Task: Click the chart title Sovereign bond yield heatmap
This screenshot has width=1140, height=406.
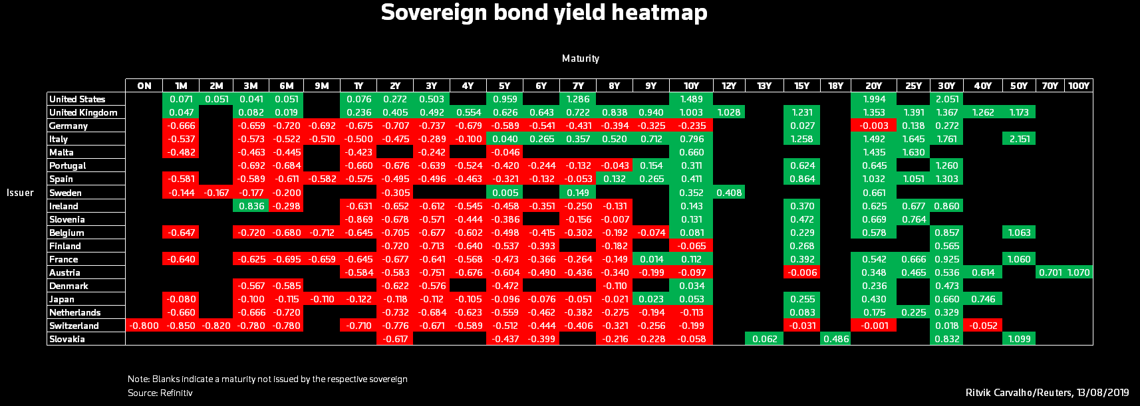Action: (x=544, y=13)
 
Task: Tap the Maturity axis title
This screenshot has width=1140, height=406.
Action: (x=580, y=58)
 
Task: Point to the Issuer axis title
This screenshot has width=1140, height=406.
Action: (x=20, y=193)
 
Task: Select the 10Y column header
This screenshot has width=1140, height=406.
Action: (x=691, y=86)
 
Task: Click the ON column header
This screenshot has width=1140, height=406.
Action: (x=144, y=86)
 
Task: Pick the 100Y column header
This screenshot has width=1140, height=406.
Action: (x=1078, y=86)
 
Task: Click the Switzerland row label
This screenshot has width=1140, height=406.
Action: (x=74, y=326)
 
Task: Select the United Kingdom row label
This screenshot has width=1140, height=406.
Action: (x=83, y=112)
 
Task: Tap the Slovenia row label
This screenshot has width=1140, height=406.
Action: (x=67, y=219)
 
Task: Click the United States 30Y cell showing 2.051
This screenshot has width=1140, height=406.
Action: (x=946, y=99)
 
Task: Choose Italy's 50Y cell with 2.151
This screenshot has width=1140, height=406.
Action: (x=1019, y=139)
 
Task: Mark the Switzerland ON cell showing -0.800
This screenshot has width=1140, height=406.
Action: (x=144, y=326)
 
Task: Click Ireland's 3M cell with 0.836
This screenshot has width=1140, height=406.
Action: (x=251, y=206)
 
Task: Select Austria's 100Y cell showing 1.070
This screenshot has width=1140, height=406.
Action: (x=1078, y=272)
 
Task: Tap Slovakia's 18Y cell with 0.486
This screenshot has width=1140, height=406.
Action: (x=835, y=339)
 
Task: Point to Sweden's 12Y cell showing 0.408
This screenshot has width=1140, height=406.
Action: (x=729, y=193)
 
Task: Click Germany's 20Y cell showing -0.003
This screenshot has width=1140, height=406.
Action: (x=874, y=126)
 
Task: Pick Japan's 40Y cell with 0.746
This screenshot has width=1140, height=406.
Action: (x=982, y=299)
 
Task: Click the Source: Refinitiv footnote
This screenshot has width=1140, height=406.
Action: (x=160, y=393)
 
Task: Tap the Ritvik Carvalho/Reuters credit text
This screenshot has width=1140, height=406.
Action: (x=1047, y=393)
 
